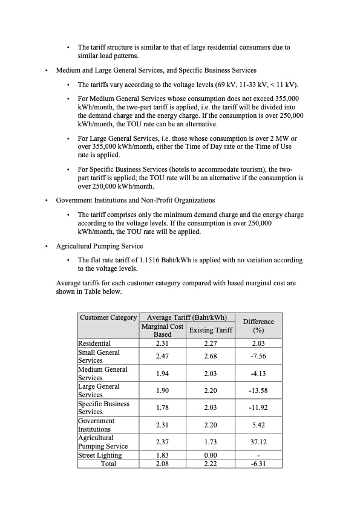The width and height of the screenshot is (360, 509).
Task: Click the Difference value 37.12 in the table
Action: point(258,442)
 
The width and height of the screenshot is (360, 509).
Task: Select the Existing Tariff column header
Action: point(211,329)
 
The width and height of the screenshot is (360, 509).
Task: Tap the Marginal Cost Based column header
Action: point(162,330)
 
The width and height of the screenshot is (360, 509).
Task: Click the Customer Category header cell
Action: point(108,317)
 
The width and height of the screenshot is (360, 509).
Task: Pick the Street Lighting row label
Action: point(100,455)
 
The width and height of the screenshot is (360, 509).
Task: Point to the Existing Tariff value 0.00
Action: point(211,455)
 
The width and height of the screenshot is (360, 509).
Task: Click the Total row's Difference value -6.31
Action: point(258,464)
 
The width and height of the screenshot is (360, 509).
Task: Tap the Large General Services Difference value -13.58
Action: point(258,391)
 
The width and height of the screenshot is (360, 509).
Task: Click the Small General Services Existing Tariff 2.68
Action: point(211,356)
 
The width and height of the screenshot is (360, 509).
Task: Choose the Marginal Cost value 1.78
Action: point(162,407)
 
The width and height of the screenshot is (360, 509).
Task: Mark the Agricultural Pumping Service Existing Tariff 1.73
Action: point(211,442)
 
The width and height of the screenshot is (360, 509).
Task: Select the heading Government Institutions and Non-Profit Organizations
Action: point(136,200)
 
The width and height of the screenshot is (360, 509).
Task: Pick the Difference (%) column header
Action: point(258,326)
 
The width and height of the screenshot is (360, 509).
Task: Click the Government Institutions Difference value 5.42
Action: point(258,425)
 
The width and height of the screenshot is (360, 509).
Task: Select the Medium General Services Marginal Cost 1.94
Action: point(162,374)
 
